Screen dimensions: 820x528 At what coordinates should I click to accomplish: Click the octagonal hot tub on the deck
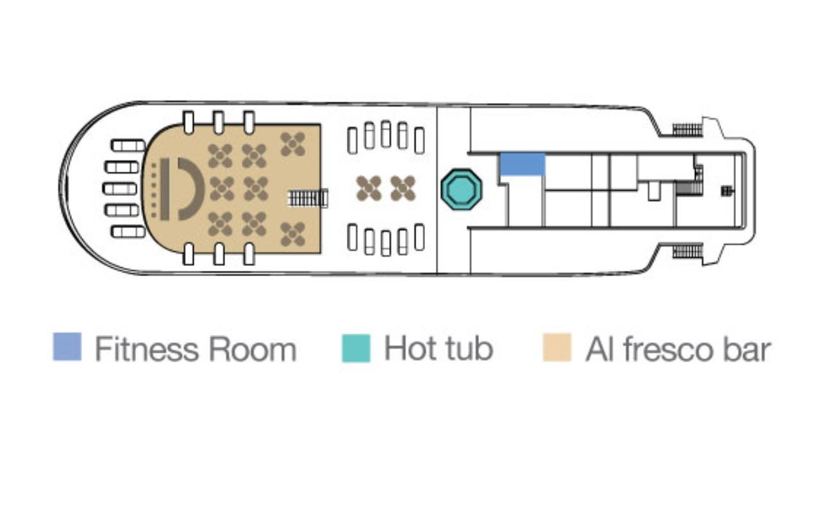point(461,189)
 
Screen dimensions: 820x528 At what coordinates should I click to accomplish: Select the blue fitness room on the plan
point(523,164)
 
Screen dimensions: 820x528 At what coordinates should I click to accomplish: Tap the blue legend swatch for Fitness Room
point(67,347)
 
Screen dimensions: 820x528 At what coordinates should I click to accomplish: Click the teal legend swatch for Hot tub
point(356,348)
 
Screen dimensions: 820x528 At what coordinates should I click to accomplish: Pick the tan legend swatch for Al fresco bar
point(556,347)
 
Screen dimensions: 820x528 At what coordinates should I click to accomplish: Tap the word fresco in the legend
point(668,349)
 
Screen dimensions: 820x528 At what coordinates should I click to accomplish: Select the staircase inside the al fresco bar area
point(308,198)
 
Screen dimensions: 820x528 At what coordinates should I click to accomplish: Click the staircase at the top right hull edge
point(687,130)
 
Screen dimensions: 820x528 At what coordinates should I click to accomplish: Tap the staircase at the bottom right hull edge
point(687,251)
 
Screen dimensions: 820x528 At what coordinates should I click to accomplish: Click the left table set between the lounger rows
point(369,188)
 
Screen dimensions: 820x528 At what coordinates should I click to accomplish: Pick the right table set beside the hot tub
point(403,188)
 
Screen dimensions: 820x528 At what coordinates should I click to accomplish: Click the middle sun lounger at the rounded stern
point(120,189)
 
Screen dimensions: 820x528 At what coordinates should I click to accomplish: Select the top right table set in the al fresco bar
point(292,144)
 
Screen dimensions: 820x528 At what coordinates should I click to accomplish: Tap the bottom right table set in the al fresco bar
point(292,234)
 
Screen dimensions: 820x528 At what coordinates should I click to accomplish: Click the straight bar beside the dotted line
point(165,189)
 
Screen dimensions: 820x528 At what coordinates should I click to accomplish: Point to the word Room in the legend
point(253,349)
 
